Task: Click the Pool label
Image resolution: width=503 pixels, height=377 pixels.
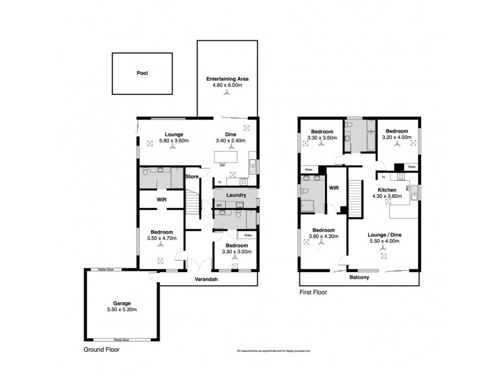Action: pos(142,73)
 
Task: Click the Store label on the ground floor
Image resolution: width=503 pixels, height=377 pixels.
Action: pos(192,177)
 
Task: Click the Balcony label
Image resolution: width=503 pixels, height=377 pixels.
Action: pos(358,277)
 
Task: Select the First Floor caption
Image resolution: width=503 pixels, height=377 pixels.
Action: pos(313,292)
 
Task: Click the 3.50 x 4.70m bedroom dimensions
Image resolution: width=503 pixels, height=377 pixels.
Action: pos(161,238)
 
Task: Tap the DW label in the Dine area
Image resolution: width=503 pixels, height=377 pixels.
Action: pos(223,165)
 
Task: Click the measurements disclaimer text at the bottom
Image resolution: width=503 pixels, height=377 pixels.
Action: pos(274,350)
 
